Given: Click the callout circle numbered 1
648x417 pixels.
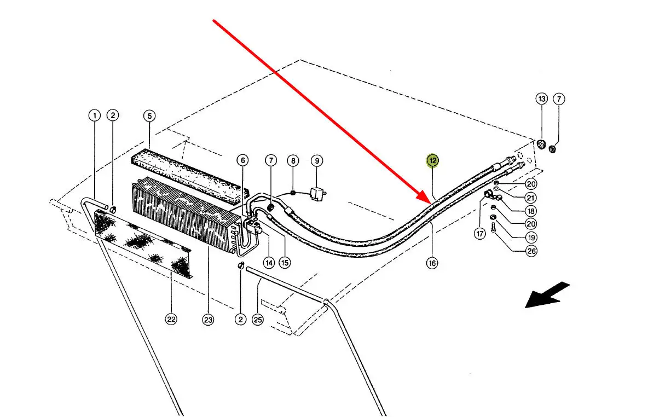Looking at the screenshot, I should pyautogui.click(x=95, y=115).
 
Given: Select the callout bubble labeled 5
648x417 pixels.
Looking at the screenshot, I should pyautogui.click(x=149, y=115).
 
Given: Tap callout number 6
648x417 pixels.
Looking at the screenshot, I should pyautogui.click(x=242, y=160).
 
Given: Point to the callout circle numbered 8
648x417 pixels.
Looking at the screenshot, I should pyautogui.click(x=293, y=160).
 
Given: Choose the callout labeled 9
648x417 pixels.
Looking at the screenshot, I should pyautogui.click(x=317, y=160).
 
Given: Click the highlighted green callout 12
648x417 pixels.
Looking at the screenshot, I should pyautogui.click(x=433, y=160).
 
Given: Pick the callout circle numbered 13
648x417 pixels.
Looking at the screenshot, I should pyautogui.click(x=541, y=99).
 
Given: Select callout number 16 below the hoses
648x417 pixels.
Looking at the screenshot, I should pyautogui.click(x=432, y=263).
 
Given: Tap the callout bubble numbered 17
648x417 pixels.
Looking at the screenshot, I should pyautogui.click(x=480, y=234).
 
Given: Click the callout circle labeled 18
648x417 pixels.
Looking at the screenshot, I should pyautogui.click(x=531, y=211).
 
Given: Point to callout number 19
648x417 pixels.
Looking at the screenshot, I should pyautogui.click(x=531, y=237).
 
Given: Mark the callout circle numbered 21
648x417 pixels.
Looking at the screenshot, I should pyautogui.click(x=531, y=198).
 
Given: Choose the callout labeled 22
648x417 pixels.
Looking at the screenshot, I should pyautogui.click(x=171, y=320).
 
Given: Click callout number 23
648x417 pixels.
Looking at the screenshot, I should pyautogui.click(x=207, y=320).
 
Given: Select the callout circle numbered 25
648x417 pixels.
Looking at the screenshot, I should pyautogui.click(x=258, y=320).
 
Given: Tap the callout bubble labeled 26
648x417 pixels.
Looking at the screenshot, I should pyautogui.click(x=531, y=251).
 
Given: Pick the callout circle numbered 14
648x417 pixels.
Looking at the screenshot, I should pyautogui.click(x=268, y=263).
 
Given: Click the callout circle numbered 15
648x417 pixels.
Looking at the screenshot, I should pyautogui.click(x=285, y=263).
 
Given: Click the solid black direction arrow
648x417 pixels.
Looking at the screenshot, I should pyautogui.click(x=547, y=295).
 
